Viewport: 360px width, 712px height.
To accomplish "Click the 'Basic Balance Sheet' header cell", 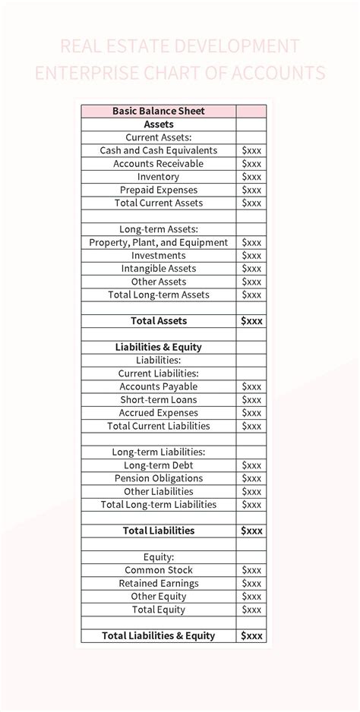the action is (158, 111).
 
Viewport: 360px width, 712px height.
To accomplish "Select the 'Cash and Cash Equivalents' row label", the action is (158, 150).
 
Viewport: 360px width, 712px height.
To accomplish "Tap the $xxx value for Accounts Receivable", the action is (251, 163).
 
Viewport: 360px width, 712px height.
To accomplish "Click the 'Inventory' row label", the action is (158, 177).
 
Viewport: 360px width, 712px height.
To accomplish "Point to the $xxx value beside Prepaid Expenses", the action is (251, 190).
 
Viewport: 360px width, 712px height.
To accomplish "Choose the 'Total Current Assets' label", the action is (158, 203).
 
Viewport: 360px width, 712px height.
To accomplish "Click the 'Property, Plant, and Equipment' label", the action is (158, 242).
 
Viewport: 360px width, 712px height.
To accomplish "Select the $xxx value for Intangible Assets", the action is (251, 269).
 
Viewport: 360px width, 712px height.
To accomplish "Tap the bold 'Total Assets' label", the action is (158, 321).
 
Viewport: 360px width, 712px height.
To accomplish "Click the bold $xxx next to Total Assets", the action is (251, 321).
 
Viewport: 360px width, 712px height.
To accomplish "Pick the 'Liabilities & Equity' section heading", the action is (158, 347).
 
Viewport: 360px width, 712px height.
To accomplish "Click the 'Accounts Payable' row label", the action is (158, 386).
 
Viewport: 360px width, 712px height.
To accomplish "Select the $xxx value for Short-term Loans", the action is (251, 399).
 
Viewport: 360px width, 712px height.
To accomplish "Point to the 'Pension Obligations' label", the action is (158, 478).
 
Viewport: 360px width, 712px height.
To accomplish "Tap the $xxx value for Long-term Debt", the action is (251, 465).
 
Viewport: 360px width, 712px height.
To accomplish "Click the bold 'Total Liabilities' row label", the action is (158, 531).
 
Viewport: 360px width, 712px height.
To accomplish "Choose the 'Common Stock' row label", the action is (158, 570).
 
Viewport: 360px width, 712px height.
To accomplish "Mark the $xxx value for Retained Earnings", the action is (251, 583).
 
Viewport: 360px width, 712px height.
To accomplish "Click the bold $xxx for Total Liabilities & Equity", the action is (251, 635).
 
